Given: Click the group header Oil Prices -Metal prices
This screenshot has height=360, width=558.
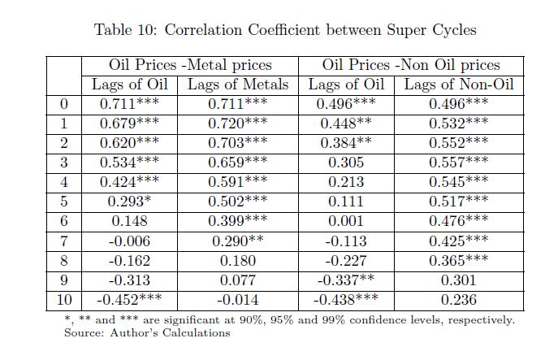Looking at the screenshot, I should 190,65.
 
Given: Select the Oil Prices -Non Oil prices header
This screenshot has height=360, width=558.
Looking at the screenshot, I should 411,65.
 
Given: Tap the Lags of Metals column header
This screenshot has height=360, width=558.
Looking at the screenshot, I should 238,85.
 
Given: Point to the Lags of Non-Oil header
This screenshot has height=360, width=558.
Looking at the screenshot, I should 458,85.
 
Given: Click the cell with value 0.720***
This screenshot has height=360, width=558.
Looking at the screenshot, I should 238,124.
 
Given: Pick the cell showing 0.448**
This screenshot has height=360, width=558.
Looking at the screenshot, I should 345,124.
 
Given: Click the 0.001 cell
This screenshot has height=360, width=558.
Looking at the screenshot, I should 345,222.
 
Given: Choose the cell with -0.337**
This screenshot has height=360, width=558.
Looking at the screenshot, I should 345,280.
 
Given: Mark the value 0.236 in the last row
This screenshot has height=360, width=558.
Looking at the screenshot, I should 458,300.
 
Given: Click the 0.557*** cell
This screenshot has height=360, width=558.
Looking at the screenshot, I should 458,163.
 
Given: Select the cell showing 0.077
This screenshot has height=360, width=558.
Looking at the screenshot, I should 238,280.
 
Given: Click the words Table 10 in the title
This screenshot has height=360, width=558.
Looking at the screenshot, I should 125,30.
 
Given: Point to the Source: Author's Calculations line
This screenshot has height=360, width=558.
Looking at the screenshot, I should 147,332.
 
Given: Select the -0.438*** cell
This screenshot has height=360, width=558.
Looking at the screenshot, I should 345,300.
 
